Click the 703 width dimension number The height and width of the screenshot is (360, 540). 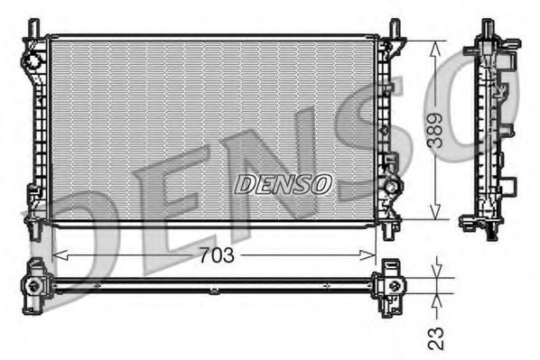click(x=216, y=255)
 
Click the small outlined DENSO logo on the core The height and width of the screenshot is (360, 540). click(x=284, y=184)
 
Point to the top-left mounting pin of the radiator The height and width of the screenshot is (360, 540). click(x=34, y=28)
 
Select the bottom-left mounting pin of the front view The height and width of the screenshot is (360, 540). click(x=34, y=231)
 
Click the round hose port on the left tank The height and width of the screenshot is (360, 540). click(x=33, y=60)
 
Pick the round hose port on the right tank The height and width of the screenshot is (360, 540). click(x=394, y=187)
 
